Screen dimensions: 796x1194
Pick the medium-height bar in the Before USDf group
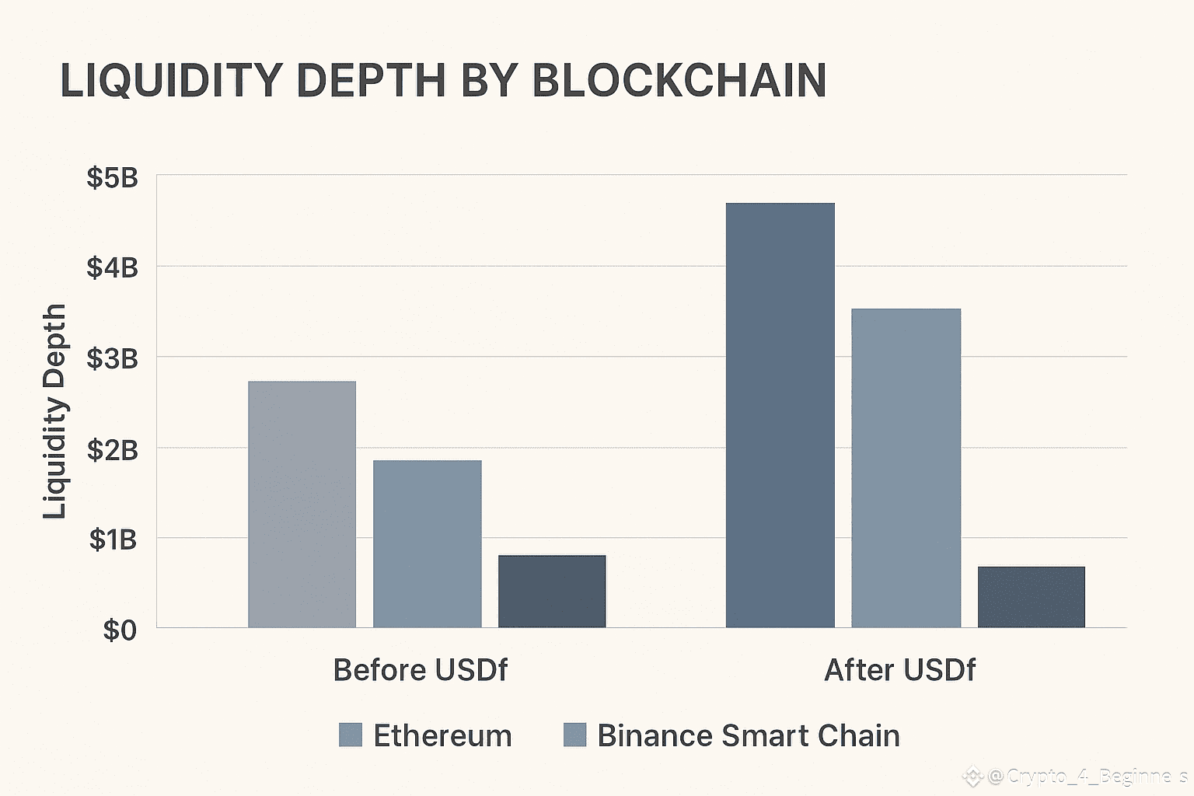[427, 543]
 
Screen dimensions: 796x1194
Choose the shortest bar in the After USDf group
[1031, 596]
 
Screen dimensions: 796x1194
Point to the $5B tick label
[112, 178]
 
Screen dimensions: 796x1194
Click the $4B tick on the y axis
[112, 268]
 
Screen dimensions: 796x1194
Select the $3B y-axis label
[112, 359]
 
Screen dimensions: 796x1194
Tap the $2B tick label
[112, 450]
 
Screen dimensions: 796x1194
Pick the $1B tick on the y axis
[113, 539]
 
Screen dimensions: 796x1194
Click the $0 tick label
[120, 630]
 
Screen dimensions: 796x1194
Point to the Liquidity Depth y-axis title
[54, 411]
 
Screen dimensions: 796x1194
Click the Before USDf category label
[420, 670]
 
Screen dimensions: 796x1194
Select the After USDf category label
[899, 670]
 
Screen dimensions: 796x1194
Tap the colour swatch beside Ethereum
[351, 735]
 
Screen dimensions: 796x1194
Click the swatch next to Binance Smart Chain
[574, 735]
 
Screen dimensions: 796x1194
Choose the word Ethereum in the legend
[442, 735]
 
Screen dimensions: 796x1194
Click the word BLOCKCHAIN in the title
[679, 80]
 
